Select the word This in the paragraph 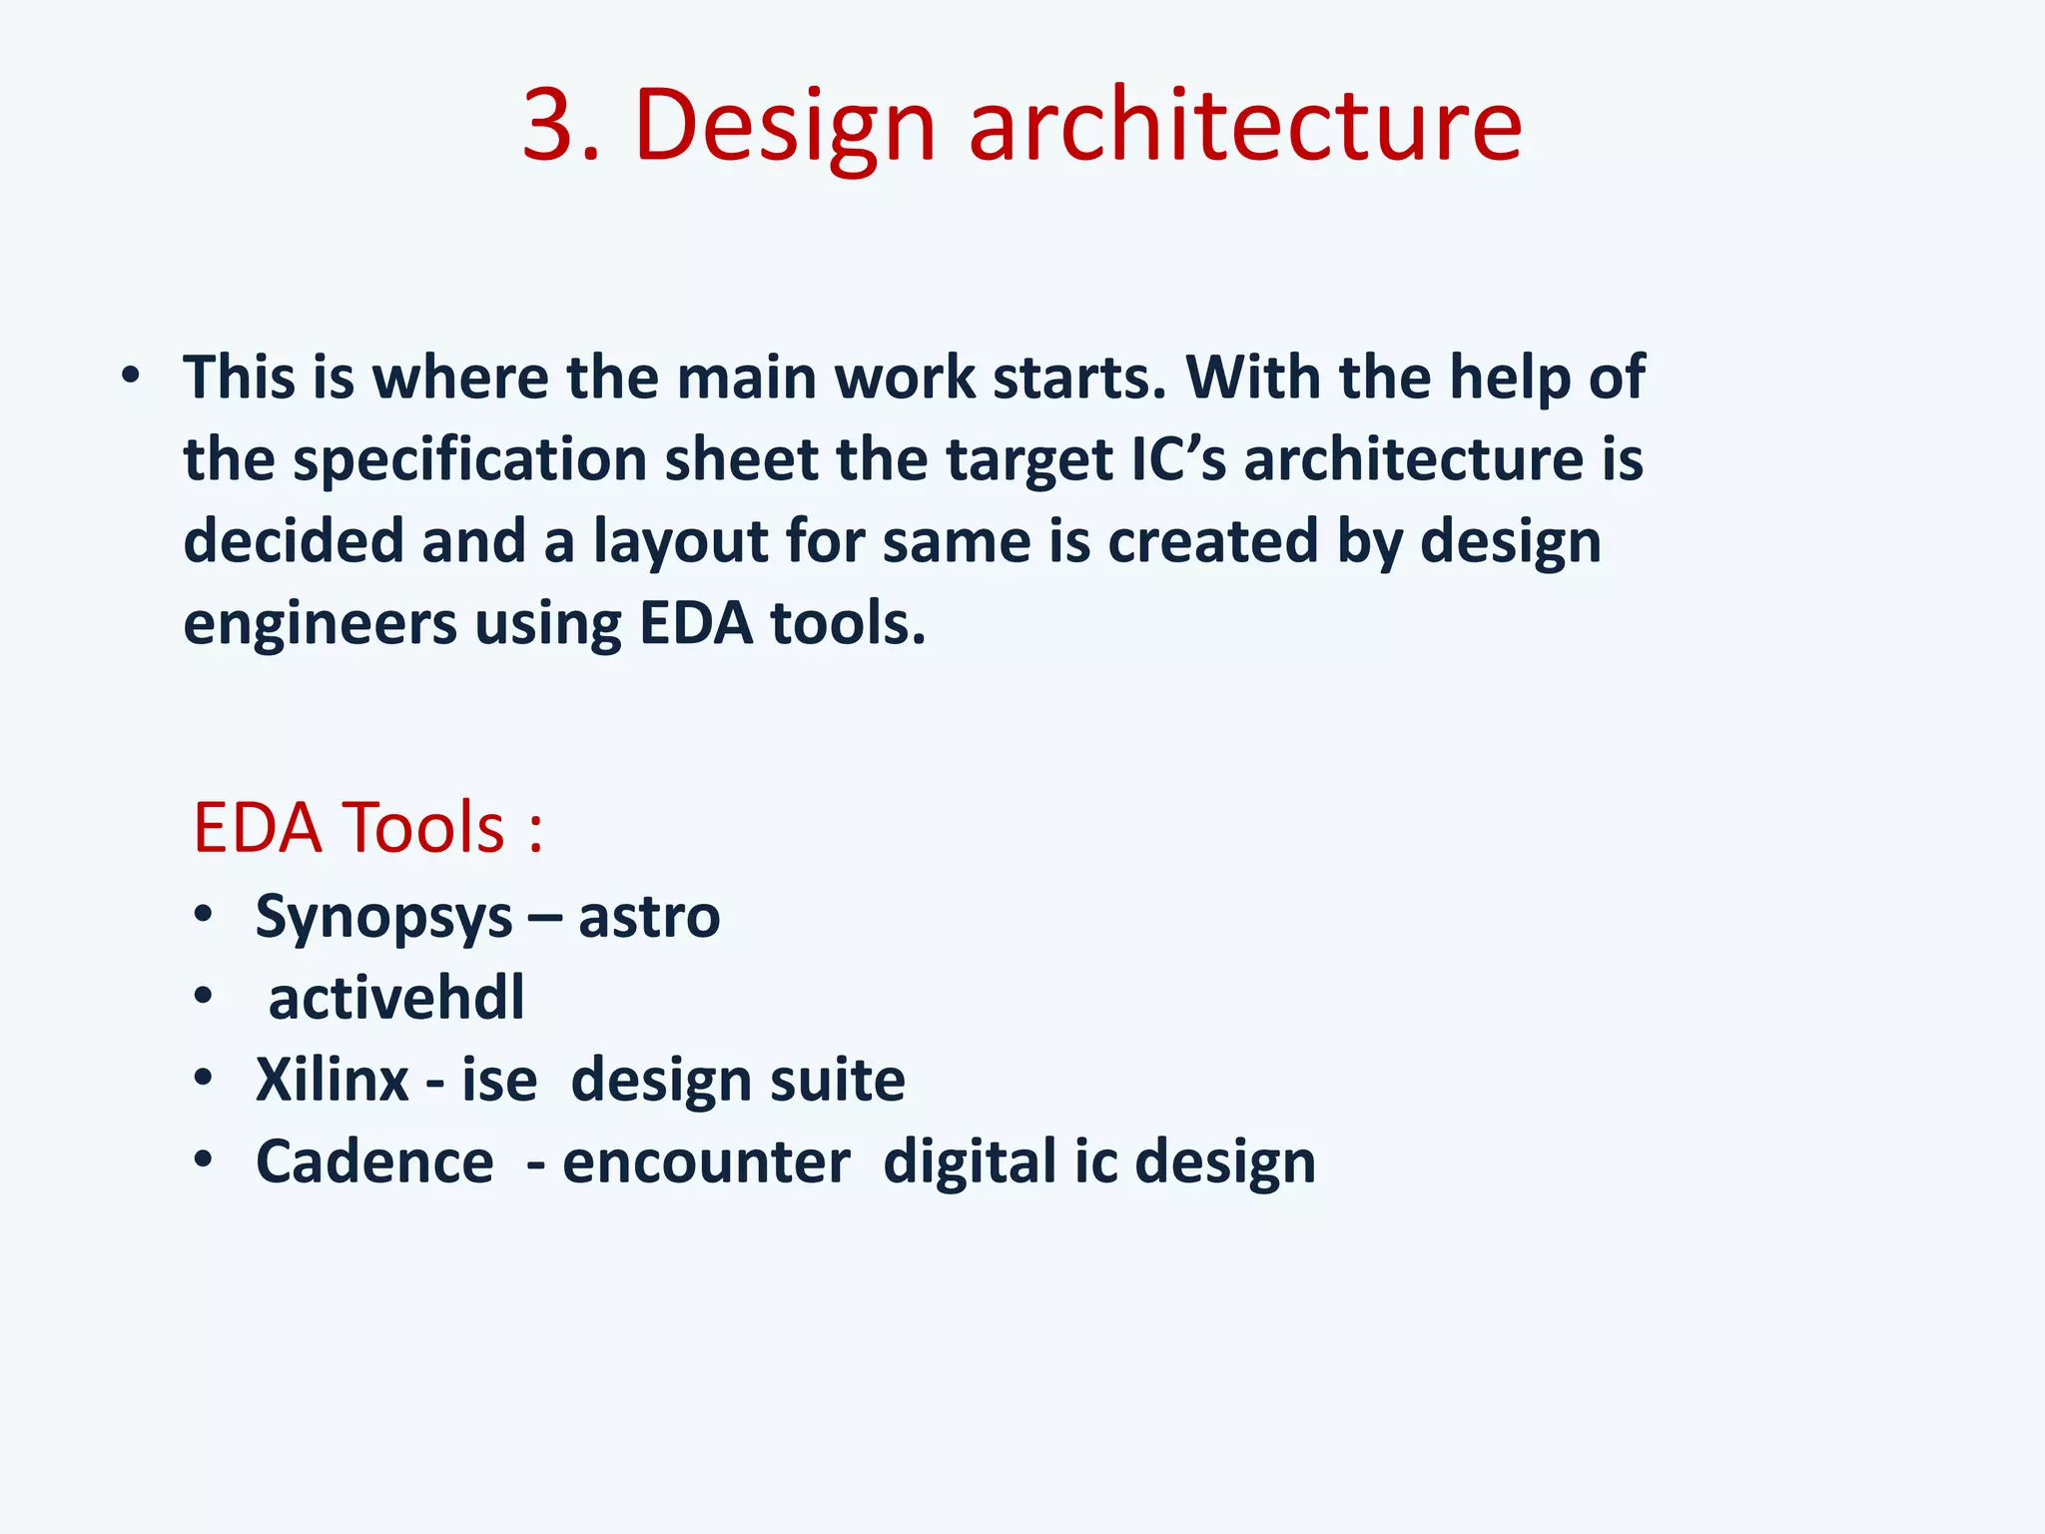point(240,378)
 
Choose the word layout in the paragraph point(680,542)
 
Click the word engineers point(319,624)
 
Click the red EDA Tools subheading point(367,828)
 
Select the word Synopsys point(383,918)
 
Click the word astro point(649,917)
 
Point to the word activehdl point(396,998)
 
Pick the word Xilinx point(332,1080)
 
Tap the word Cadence point(374,1161)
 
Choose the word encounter point(706,1161)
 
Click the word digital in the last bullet point(969,1161)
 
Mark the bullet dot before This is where point(130,378)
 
